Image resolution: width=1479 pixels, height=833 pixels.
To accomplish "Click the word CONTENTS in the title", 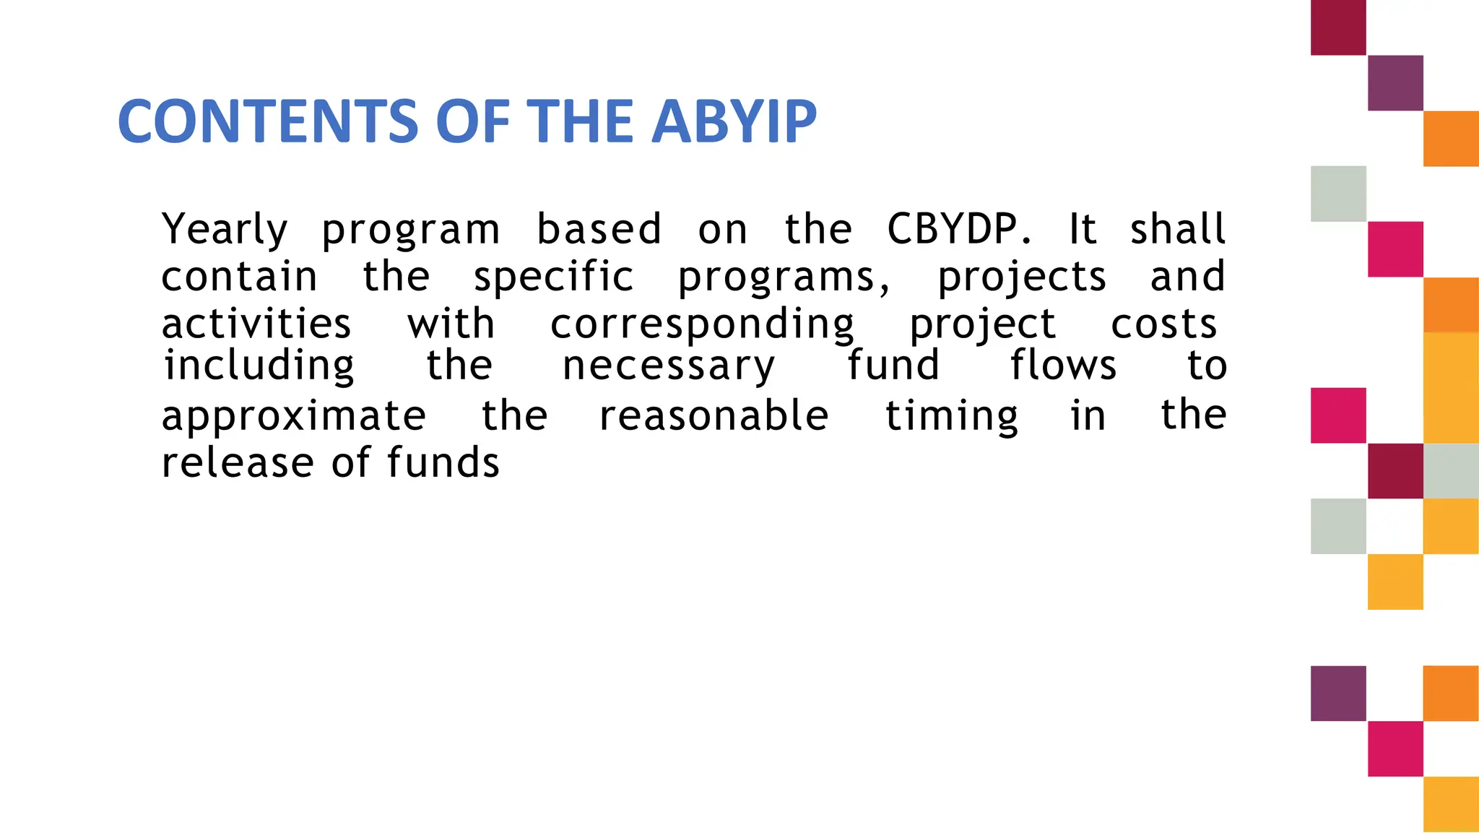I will tap(269, 121).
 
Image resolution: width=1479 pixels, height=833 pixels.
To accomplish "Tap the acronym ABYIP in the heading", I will tap(735, 121).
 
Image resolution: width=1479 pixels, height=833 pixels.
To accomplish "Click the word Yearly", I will tap(225, 230).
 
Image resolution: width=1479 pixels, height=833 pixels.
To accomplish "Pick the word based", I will tap(599, 230).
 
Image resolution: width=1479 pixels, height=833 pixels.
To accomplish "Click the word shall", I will tap(1177, 230).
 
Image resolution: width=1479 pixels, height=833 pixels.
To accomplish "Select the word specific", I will tap(553, 277).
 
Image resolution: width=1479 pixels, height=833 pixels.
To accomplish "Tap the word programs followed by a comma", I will tap(784, 277).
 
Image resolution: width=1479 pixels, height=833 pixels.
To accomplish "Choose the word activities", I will tap(256, 324).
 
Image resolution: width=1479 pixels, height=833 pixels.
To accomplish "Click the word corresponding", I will tap(702, 324).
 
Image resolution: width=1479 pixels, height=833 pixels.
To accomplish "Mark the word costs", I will tap(1163, 324).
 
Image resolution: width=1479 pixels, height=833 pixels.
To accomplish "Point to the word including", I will tap(259, 366).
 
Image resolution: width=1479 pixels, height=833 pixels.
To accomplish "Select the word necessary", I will tap(668, 366).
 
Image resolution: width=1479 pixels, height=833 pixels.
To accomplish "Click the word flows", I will tap(1062, 366).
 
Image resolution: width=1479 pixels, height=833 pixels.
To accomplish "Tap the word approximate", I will tap(293, 417).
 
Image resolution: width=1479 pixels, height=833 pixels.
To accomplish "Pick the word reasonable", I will tap(714, 417).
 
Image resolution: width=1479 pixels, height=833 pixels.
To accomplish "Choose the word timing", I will tap(951, 417).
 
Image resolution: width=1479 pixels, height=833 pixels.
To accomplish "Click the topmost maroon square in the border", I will tap(1338, 27).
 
